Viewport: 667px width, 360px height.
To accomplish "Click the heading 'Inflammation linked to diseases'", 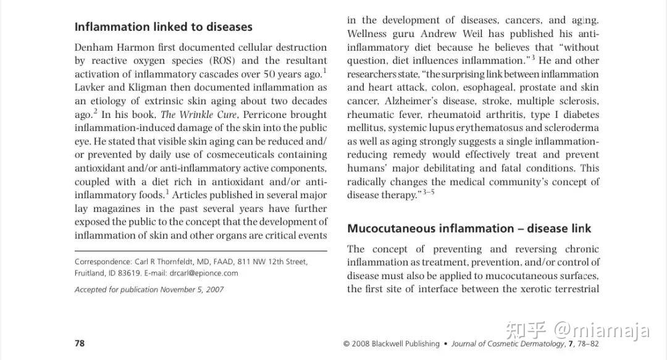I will point(163,27).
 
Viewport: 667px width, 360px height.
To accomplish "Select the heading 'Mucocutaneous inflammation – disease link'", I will point(469,228).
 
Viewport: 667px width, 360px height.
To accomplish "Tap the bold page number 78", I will point(80,343).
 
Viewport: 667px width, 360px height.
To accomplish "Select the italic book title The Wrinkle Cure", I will point(195,115).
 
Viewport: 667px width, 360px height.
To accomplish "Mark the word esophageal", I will point(475,88).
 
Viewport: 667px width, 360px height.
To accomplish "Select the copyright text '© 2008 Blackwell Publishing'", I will point(392,344).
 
